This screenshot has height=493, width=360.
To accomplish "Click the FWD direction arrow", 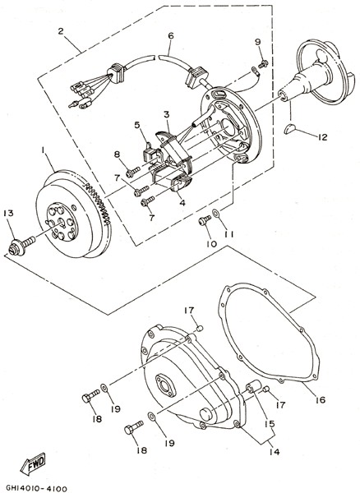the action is (x=33, y=463).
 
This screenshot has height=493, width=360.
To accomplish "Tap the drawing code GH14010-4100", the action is (x=36, y=488).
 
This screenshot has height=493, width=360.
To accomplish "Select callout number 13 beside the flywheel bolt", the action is (x=8, y=213).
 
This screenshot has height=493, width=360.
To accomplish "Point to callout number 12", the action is (x=322, y=137).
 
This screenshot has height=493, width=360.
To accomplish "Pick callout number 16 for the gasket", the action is (x=321, y=400).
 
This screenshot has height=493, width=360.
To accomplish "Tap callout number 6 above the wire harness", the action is (x=170, y=35).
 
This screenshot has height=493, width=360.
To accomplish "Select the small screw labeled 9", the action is (x=263, y=64).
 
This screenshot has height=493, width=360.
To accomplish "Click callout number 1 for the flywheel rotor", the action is (x=42, y=150).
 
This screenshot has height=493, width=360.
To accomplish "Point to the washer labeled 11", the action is (x=216, y=214).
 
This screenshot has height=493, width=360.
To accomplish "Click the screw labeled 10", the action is (x=205, y=219).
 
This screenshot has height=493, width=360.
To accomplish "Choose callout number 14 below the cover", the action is (x=275, y=452).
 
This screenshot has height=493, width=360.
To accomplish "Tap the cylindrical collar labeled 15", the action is (x=253, y=386).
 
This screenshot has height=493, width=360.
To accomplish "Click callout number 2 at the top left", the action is (x=61, y=31).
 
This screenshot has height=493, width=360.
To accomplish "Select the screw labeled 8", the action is (x=132, y=172).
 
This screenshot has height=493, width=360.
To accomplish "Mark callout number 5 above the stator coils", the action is (x=137, y=125).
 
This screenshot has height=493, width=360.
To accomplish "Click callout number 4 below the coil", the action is (x=182, y=203).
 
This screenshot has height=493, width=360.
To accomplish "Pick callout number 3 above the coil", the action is (x=167, y=114).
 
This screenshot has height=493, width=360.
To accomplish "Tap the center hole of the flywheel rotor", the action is (x=61, y=223).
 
